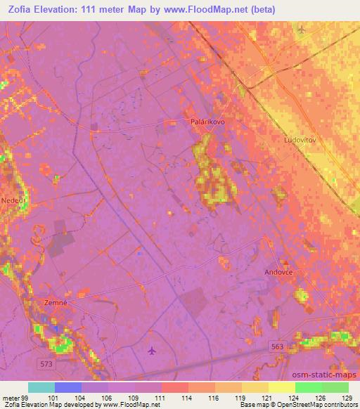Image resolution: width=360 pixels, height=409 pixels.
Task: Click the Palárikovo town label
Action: (207, 122)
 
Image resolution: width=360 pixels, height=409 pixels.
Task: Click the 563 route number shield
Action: (278, 346)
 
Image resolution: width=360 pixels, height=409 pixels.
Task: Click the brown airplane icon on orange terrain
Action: (302, 30)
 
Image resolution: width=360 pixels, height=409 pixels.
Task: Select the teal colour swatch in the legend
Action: (41, 387)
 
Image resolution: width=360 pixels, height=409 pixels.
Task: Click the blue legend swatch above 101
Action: (68, 387)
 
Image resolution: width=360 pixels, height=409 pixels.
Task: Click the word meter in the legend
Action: (10, 397)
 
